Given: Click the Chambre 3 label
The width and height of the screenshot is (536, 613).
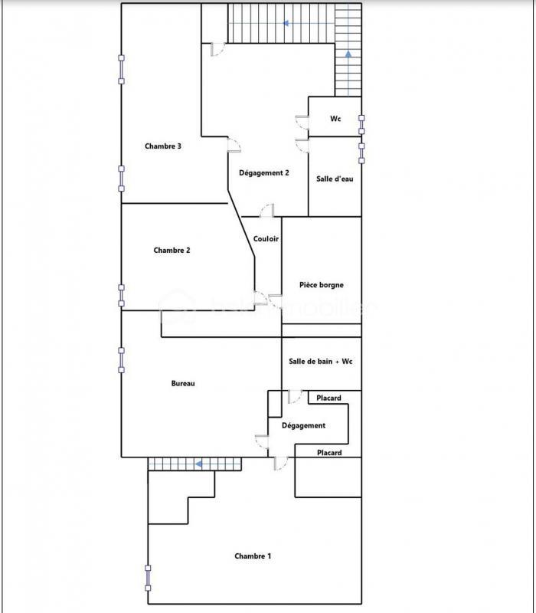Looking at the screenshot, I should click(x=163, y=146).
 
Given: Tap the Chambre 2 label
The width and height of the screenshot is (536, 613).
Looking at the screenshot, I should click(x=172, y=250).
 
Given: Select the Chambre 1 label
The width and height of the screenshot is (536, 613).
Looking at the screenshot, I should click(x=253, y=556).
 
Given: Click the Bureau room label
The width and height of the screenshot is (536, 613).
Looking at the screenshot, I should click(x=183, y=383).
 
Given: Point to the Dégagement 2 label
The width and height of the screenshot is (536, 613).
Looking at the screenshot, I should click(x=264, y=172).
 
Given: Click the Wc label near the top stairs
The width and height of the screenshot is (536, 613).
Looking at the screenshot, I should click(x=335, y=119).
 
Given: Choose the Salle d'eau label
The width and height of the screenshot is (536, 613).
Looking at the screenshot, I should click(x=335, y=179).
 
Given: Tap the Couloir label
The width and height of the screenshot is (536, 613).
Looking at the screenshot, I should click(x=266, y=239).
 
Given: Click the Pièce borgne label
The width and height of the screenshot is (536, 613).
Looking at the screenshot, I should click(x=322, y=285).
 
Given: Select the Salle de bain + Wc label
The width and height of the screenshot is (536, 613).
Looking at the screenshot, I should click(x=321, y=362).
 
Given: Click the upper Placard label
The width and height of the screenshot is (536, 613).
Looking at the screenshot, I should click(x=329, y=398).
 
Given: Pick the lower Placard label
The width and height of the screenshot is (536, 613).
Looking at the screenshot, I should click(x=329, y=453).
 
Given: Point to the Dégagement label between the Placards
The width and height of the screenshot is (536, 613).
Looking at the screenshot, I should click(x=303, y=425).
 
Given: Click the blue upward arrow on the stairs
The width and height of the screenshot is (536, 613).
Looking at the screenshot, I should click(x=348, y=54).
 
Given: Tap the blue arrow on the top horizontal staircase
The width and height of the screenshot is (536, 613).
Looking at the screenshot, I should click(x=286, y=23).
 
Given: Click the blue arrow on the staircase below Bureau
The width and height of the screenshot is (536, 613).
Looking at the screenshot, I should click(x=198, y=464).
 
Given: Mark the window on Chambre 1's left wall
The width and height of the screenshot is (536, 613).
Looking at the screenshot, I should click(x=148, y=578).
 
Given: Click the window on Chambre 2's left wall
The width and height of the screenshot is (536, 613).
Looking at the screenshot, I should click(x=121, y=295).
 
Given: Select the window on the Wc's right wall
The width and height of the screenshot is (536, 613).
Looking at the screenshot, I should click(x=362, y=123).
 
